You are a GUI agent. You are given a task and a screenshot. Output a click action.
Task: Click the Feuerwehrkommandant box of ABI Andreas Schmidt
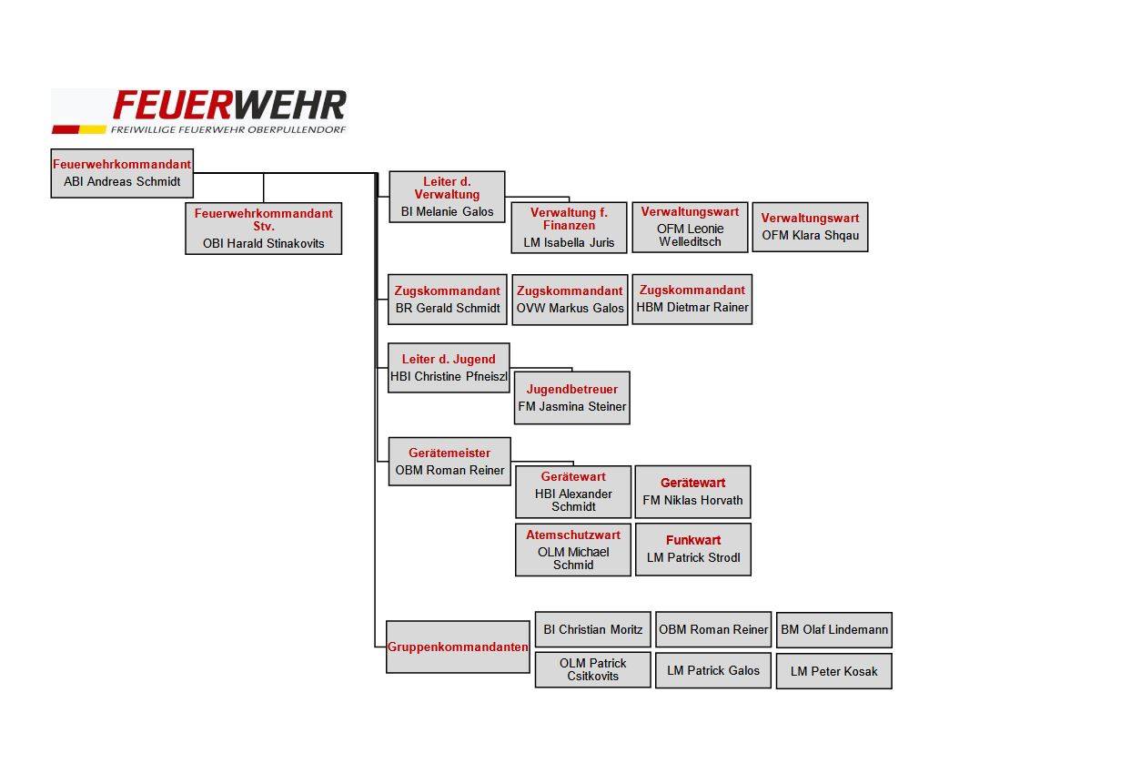tap(122, 173)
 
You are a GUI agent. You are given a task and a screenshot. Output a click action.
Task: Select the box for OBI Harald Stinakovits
tap(263, 229)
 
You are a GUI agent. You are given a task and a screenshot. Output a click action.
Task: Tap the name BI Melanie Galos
tap(448, 211)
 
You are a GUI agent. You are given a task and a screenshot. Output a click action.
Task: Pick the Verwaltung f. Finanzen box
tap(569, 228)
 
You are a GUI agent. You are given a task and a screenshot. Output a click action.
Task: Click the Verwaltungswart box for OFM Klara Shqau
tap(810, 227)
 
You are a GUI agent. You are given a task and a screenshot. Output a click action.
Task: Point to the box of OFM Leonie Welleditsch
tap(691, 227)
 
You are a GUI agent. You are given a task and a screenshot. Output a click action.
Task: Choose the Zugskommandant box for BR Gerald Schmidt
tap(448, 300)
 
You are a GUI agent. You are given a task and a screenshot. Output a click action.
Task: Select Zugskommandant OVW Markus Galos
tap(570, 300)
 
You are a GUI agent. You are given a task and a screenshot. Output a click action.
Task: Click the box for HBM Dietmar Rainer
tap(692, 300)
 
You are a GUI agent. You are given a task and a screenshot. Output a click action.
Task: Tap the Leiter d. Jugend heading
tap(449, 359)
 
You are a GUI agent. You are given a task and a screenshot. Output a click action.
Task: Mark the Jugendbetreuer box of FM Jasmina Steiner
tap(572, 398)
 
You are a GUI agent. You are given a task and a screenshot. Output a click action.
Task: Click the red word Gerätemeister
tap(449, 453)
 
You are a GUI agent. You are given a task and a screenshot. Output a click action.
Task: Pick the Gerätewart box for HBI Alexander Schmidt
tap(573, 492)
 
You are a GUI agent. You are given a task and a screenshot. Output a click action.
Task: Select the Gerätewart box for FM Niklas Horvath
tap(692, 492)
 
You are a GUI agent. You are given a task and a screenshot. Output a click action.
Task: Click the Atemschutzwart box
tap(573, 550)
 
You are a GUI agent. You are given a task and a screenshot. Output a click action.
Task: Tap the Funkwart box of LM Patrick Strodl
tap(693, 549)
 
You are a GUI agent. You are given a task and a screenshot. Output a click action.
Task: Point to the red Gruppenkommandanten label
tap(458, 647)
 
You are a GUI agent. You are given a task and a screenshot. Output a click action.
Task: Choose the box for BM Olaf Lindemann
tap(834, 630)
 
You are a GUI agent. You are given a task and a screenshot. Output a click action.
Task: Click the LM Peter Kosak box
tap(834, 671)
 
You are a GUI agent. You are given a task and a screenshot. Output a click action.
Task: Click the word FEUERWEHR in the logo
tap(229, 105)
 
